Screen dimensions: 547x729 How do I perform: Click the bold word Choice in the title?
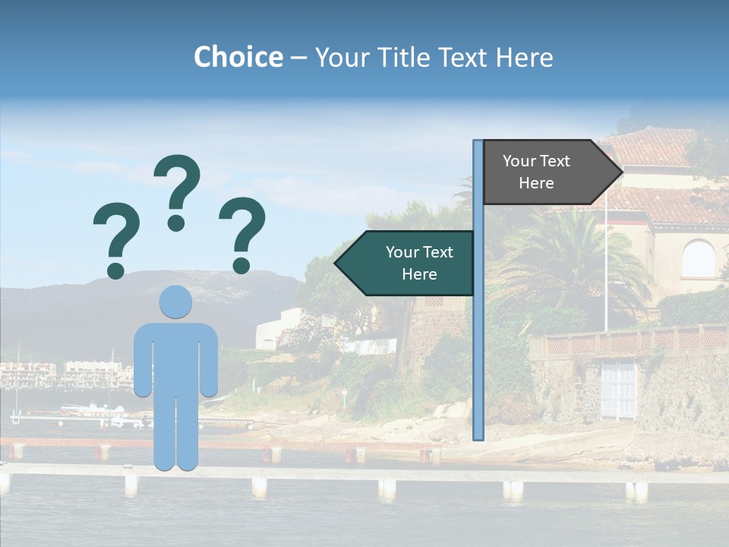(x=238, y=57)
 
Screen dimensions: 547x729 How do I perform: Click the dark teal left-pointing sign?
(x=406, y=263)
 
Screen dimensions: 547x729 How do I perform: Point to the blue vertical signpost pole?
(x=478, y=304)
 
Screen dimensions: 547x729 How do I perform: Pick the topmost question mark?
(x=177, y=191)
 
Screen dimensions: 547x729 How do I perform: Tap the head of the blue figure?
(x=175, y=302)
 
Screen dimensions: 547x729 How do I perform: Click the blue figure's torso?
(x=175, y=357)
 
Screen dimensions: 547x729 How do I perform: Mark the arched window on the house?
(x=698, y=259)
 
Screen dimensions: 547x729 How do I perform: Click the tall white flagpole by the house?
(x=605, y=258)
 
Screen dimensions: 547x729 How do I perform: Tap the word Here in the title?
(x=524, y=57)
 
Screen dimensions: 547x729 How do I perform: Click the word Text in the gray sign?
(x=555, y=161)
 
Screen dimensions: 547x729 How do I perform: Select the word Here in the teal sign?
(x=419, y=274)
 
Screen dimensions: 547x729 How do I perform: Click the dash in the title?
(x=298, y=58)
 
